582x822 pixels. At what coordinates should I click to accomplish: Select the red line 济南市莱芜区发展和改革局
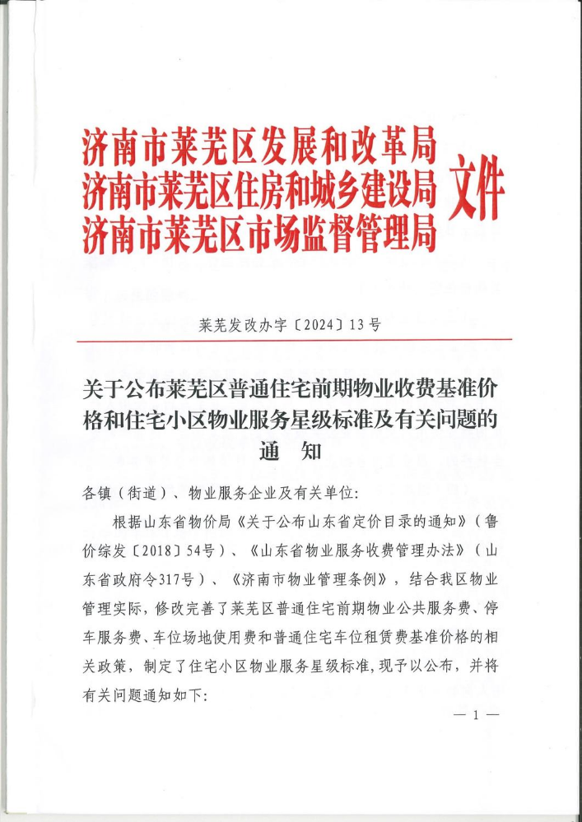click(258, 149)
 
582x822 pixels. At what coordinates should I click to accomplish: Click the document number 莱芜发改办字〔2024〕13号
click(291, 324)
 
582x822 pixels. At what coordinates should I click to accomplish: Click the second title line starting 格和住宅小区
click(291, 420)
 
